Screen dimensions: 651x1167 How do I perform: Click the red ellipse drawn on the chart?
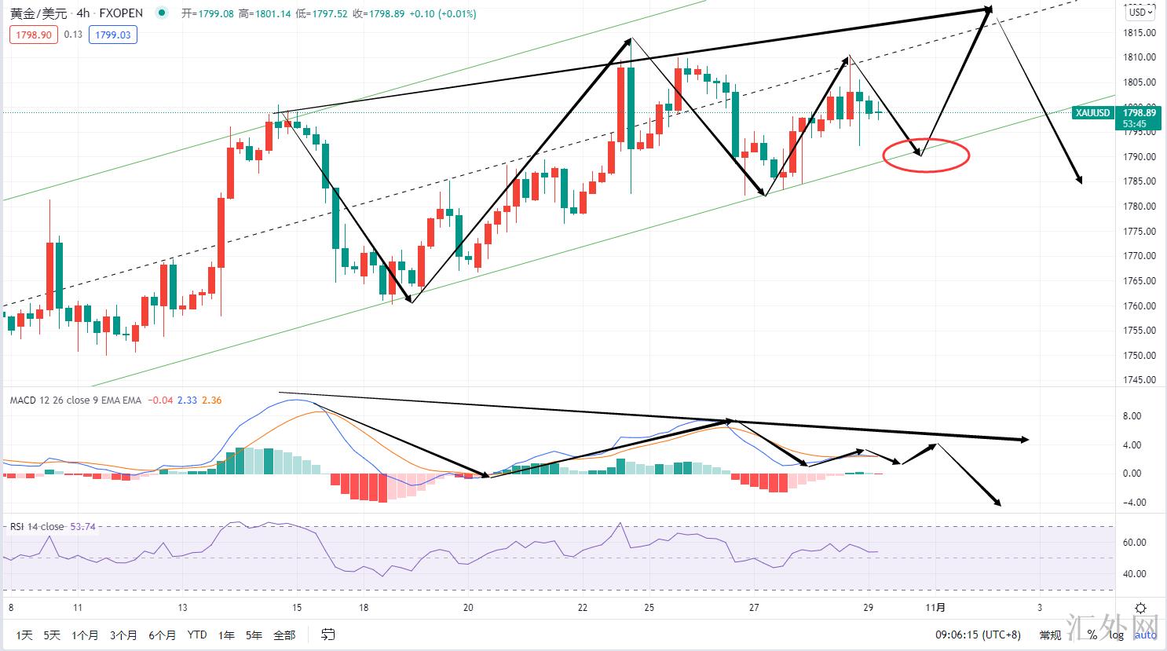[x=927, y=155]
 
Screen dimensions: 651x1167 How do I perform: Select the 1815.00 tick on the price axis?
[x=1139, y=33]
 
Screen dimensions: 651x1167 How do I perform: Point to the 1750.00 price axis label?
[x=1139, y=355]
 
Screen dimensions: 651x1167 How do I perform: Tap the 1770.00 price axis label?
[x=1139, y=256]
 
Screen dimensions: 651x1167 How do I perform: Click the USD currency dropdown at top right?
[x=1140, y=12]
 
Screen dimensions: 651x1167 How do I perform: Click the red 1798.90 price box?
[x=34, y=35]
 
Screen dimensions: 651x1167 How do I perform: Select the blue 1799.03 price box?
[x=113, y=35]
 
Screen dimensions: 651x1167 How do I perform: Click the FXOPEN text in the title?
[x=121, y=13]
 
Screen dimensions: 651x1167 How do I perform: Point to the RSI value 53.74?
[x=82, y=526]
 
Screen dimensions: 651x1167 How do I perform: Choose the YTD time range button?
[x=197, y=635]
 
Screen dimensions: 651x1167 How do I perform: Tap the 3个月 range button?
[x=123, y=635]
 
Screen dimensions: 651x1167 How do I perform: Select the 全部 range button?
[x=284, y=635]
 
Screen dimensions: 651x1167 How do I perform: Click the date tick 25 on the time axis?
[x=649, y=608]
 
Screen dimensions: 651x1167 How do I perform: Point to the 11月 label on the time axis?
[x=935, y=608]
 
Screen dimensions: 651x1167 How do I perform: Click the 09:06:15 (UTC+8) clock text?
[x=978, y=635]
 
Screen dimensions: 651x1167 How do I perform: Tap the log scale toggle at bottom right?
[x=1116, y=635]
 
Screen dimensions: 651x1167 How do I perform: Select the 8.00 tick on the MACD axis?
[x=1132, y=416]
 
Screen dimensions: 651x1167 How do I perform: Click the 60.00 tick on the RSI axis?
[x=1135, y=543]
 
